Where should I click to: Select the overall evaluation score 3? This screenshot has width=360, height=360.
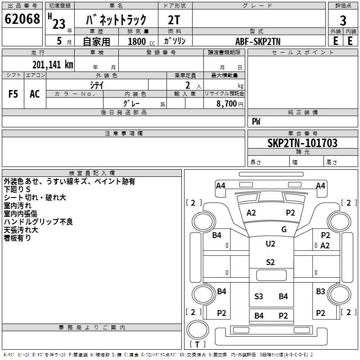[343, 20]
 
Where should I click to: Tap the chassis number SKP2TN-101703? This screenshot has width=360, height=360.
[302, 143]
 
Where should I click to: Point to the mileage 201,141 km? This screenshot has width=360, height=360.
[53, 65]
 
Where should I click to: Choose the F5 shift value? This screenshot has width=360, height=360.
[13, 94]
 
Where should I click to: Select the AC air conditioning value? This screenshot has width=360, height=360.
[35, 94]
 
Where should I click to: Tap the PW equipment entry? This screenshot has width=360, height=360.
[256, 121]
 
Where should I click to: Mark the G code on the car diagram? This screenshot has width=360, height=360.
[284, 229]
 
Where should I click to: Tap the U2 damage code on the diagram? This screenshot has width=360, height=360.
[270, 244]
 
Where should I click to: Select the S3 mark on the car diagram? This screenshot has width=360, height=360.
[259, 296]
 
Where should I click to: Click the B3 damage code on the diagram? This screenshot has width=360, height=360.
[320, 292]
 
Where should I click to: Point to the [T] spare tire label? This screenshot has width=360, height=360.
[198, 344]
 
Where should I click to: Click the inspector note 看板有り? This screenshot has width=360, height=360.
[18, 238]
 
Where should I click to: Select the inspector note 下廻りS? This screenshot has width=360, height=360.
[17, 189]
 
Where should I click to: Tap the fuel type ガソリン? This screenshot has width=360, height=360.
[175, 41]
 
